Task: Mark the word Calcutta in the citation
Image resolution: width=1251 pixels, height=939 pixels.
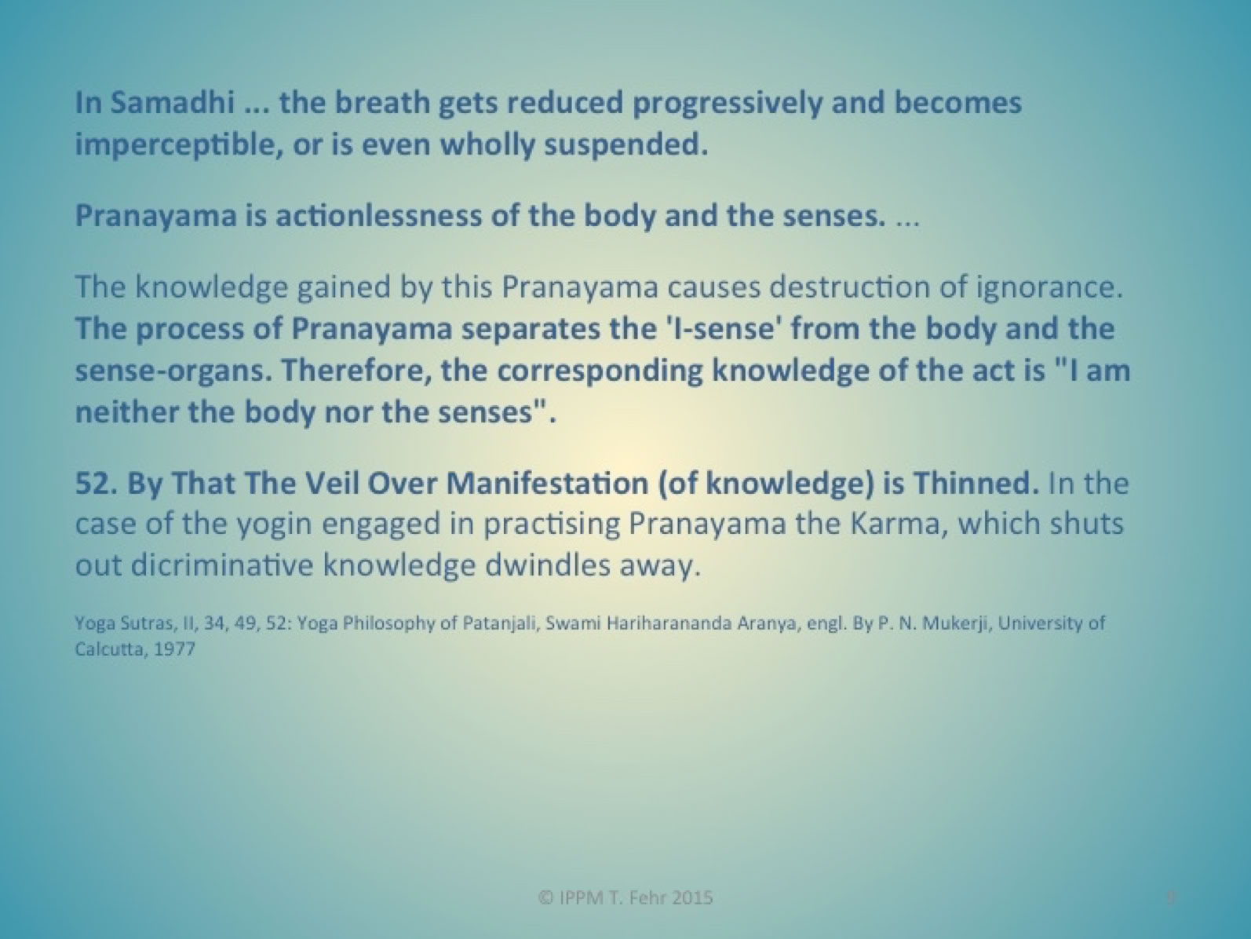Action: [111, 649]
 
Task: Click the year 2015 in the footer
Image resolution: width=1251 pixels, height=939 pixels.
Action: [692, 898]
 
